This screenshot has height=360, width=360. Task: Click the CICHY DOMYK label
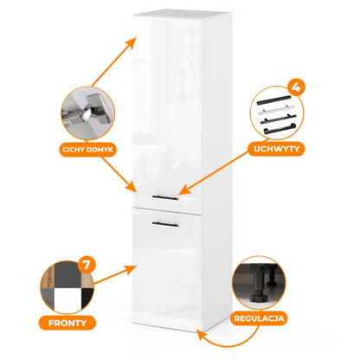point(88,150)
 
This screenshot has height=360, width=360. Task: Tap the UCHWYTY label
point(276,149)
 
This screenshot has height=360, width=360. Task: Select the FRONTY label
point(67,323)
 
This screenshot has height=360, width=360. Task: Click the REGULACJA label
point(259,318)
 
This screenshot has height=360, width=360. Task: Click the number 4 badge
point(296,87)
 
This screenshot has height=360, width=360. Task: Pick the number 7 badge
point(87,265)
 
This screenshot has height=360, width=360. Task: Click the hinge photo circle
point(88,113)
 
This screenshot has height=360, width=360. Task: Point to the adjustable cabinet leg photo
point(259,283)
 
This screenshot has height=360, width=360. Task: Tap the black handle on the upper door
point(165,197)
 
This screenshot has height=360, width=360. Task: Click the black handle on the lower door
point(165,224)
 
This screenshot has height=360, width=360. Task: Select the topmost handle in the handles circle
point(274,100)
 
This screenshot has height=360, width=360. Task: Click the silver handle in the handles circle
point(276,109)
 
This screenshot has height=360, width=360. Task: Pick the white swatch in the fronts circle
point(67,299)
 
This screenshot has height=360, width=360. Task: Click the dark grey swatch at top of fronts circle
point(67,274)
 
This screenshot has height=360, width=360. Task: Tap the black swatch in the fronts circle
point(87,297)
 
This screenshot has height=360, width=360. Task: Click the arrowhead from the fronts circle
point(131,270)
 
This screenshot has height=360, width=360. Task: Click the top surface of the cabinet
point(182,14)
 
